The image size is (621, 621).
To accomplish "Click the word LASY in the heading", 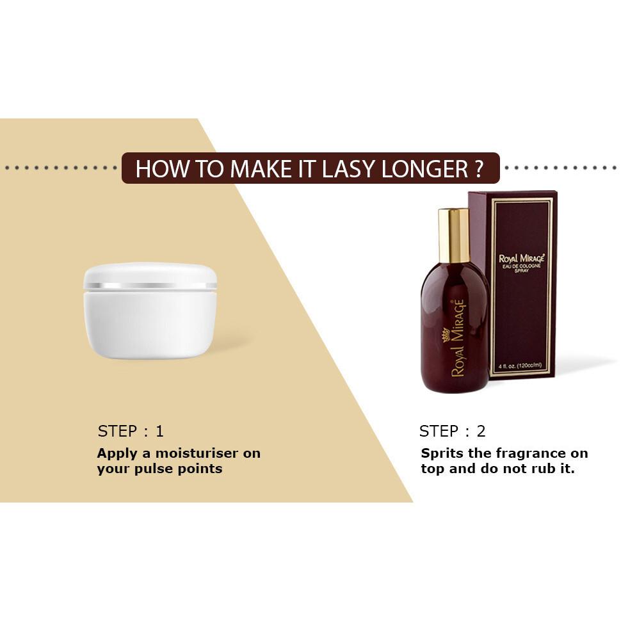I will pyautogui.click(x=349, y=168).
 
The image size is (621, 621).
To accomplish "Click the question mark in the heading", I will pyautogui.click(x=479, y=168).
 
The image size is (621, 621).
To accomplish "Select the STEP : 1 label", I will pyautogui.click(x=131, y=431).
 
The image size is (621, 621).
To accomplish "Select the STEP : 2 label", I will pyautogui.click(x=452, y=431).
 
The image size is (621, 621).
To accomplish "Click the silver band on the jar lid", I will pyautogui.click(x=150, y=285).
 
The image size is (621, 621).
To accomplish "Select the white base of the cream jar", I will pyautogui.click(x=150, y=323).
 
